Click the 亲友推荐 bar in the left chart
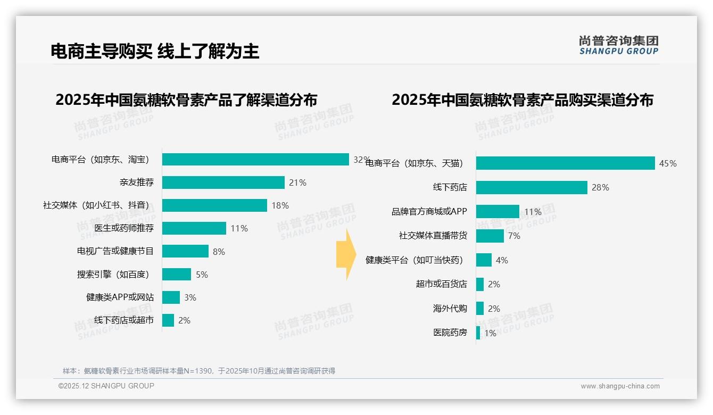[x=223, y=182]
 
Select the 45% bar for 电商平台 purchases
[x=565, y=163]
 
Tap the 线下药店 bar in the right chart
[x=532, y=187]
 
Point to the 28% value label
[x=600, y=188]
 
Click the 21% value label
[x=297, y=183]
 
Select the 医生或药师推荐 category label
[x=124, y=228]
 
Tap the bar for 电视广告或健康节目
[x=185, y=251]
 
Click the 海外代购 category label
[x=450, y=309]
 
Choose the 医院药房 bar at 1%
[x=478, y=333]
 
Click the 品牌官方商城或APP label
[x=429, y=212]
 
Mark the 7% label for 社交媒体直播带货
[x=514, y=236]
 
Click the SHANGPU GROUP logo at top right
[x=618, y=45]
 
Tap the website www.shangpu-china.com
[x=620, y=386]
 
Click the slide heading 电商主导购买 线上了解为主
[x=155, y=51]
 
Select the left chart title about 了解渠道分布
[x=186, y=100]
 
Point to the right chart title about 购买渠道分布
[x=523, y=100]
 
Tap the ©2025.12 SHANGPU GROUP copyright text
[x=106, y=386]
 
